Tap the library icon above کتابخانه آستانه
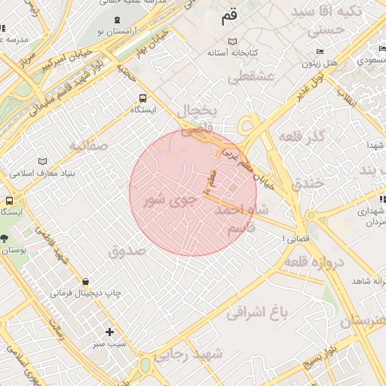click(233, 41)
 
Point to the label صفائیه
click(89, 145)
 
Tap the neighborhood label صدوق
click(127, 250)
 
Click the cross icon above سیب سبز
click(110, 332)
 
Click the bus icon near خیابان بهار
click(142, 98)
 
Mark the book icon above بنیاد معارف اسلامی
click(42, 161)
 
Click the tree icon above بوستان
click(5, 238)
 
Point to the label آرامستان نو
click(124, 32)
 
